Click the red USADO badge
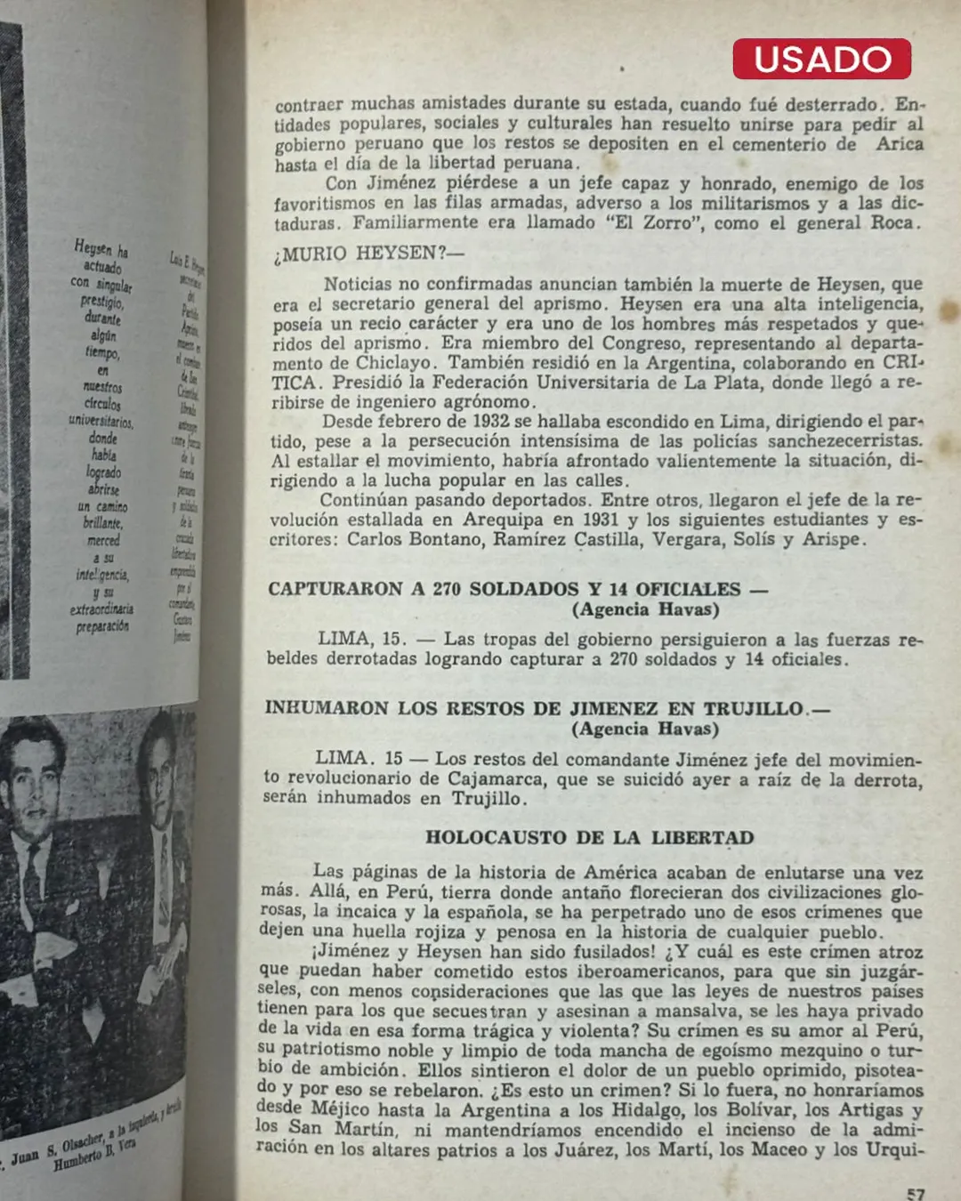point(821,59)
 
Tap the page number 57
point(916,1193)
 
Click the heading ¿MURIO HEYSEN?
point(368,254)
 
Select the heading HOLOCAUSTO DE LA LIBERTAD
point(589,837)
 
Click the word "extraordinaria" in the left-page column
point(102,609)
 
